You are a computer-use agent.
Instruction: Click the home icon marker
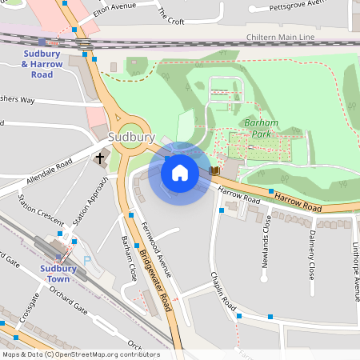coord(180,172)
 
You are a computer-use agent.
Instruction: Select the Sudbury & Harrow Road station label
coord(38,64)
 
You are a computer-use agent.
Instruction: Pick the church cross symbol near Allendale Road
coord(102,158)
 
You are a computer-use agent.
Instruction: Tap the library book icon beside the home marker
coord(214,170)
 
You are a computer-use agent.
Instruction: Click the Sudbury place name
coord(131,138)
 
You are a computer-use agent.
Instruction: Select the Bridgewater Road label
coord(155,279)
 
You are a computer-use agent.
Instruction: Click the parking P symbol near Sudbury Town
coord(87,260)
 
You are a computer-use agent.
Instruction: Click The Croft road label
coord(171,14)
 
